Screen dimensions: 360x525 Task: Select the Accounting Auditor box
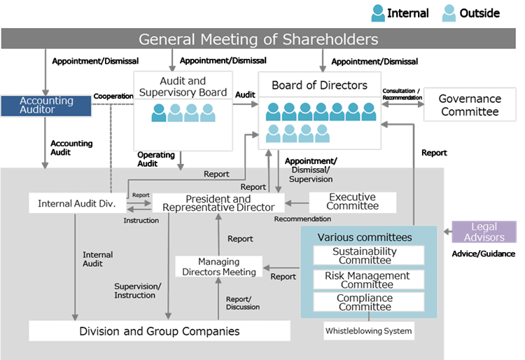46,106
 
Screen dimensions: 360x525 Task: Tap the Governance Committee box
470,105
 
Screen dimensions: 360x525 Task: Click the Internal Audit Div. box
77,203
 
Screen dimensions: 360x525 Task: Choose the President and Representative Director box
218,203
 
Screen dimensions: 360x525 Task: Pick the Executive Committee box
352,202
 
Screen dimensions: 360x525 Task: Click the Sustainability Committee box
364,256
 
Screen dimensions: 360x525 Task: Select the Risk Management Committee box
367,279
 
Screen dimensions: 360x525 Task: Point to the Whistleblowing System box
369,331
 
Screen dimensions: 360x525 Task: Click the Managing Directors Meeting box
218,267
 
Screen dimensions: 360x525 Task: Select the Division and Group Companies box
160,331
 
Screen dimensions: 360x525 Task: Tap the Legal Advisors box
484,232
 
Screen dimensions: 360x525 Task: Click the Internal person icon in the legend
378,12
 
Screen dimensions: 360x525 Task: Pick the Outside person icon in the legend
449,12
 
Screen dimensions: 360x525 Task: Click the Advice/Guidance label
484,254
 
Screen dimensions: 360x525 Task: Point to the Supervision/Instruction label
137,290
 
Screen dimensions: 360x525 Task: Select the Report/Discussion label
244,303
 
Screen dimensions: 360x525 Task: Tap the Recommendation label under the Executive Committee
302,219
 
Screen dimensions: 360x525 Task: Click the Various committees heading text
365,237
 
